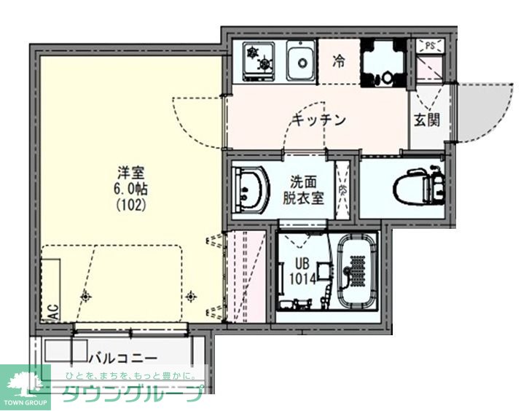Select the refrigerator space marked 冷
339,61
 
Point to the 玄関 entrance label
427,120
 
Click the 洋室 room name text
132,173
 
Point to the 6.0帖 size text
132,189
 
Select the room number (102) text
132,205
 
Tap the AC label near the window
52,312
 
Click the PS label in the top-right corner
430,46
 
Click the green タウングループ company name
131,394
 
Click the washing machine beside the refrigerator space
383,61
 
